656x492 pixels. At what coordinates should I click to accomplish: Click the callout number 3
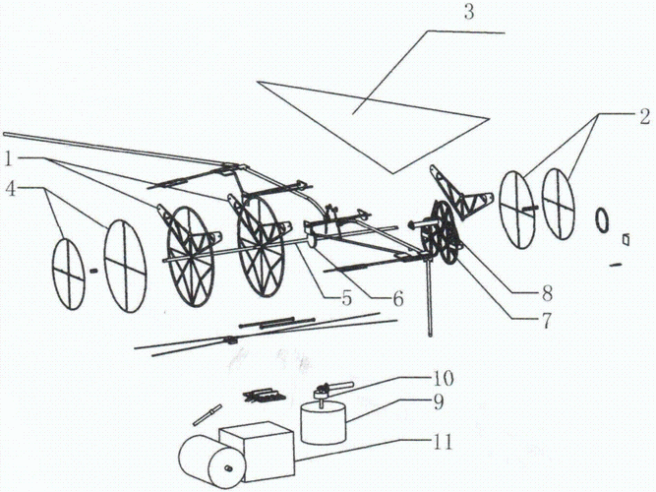(469, 13)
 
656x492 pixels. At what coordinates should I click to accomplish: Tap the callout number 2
(645, 117)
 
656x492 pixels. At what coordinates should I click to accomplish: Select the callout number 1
(8, 159)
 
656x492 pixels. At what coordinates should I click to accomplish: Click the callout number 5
(347, 298)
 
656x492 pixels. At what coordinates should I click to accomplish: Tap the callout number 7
(546, 321)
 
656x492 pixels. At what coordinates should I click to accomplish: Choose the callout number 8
(547, 293)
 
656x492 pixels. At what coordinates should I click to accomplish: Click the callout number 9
(438, 402)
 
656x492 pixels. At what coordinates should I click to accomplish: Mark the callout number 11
(443, 442)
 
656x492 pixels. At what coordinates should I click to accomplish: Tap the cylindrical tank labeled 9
(324, 421)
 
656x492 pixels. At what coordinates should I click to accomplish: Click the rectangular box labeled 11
(257, 452)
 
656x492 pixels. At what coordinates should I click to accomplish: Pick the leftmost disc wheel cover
(68, 274)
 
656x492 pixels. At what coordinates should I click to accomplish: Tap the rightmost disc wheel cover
(558, 204)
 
